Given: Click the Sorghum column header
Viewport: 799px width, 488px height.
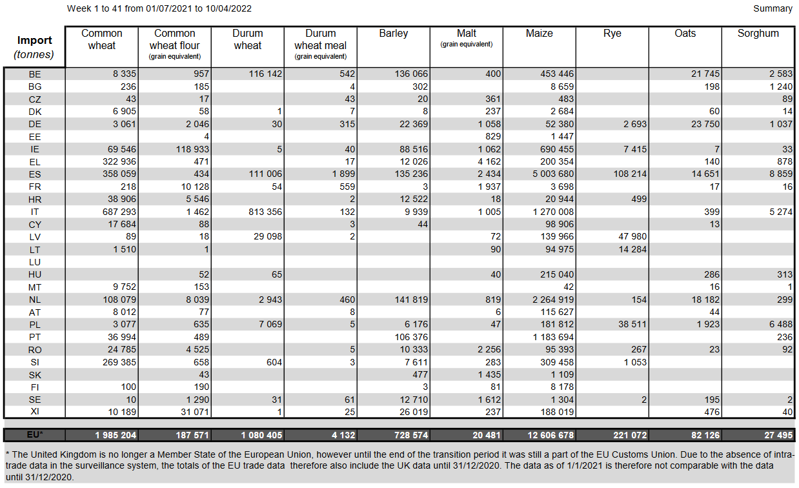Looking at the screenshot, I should pos(758,34).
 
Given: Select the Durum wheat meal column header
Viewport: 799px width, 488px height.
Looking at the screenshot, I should pos(321,39).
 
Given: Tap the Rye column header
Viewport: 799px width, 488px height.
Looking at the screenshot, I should pos(612,34).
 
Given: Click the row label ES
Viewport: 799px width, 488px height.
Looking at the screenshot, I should pos(35,174).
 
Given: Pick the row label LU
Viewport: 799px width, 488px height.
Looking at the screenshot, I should pos(35,262).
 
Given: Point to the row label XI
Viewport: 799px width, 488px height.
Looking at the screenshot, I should pos(35,412).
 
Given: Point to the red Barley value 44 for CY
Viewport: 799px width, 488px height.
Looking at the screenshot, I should pos(421,225).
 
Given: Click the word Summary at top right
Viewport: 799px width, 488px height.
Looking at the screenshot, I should pos(772,8).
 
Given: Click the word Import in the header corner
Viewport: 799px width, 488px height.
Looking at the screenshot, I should pos(35,41).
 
